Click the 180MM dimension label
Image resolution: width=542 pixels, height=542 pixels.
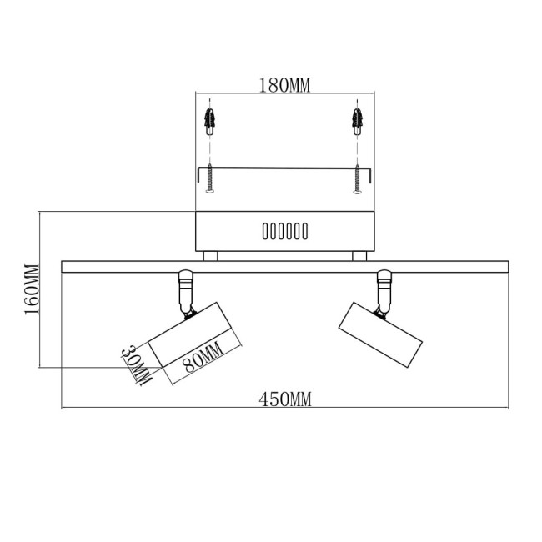[x=284, y=85]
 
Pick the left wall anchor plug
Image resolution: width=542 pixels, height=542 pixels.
[x=210, y=123]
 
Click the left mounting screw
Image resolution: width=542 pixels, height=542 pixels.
[x=210, y=179]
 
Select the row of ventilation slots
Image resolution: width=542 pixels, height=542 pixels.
[x=284, y=230]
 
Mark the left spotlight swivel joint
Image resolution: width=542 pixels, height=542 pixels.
[x=185, y=292]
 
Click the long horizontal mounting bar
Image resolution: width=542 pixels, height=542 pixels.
[x=284, y=266]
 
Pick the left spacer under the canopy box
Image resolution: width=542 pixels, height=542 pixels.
[x=211, y=255]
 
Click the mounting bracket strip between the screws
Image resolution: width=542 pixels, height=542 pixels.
[x=284, y=168]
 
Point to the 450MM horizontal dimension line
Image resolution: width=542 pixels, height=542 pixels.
[x=167, y=409]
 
